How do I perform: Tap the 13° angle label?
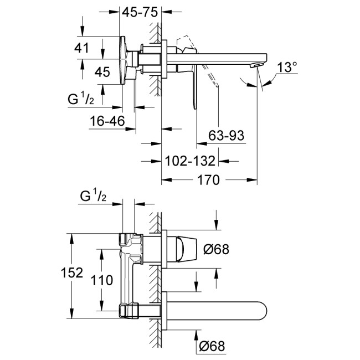287,68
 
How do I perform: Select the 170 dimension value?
209,180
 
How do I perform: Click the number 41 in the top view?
82,48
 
